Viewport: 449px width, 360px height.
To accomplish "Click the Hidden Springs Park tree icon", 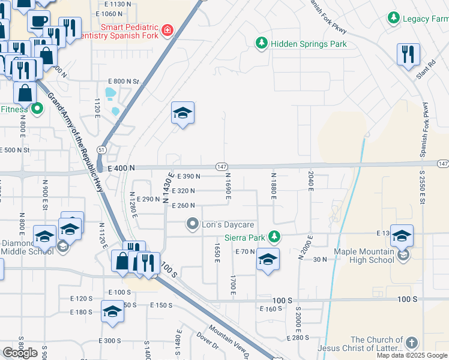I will [x=261, y=43].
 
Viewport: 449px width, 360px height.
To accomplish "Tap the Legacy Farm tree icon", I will [x=394, y=18].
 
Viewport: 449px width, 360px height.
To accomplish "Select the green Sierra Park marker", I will [x=274, y=236].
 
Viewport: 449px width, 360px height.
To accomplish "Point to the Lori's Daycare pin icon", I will [x=193, y=224].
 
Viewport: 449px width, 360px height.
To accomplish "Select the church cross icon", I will [x=411, y=343].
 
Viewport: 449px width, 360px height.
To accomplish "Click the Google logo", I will [x=20, y=353].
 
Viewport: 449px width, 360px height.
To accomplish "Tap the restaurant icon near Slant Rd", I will [x=408, y=54].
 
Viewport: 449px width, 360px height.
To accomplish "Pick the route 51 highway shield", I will [x=102, y=149].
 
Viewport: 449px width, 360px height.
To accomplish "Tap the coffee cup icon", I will [x=38, y=20].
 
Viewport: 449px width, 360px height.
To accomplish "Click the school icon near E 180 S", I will [x=112, y=311].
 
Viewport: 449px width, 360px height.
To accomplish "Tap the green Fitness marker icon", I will [x=37, y=109].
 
